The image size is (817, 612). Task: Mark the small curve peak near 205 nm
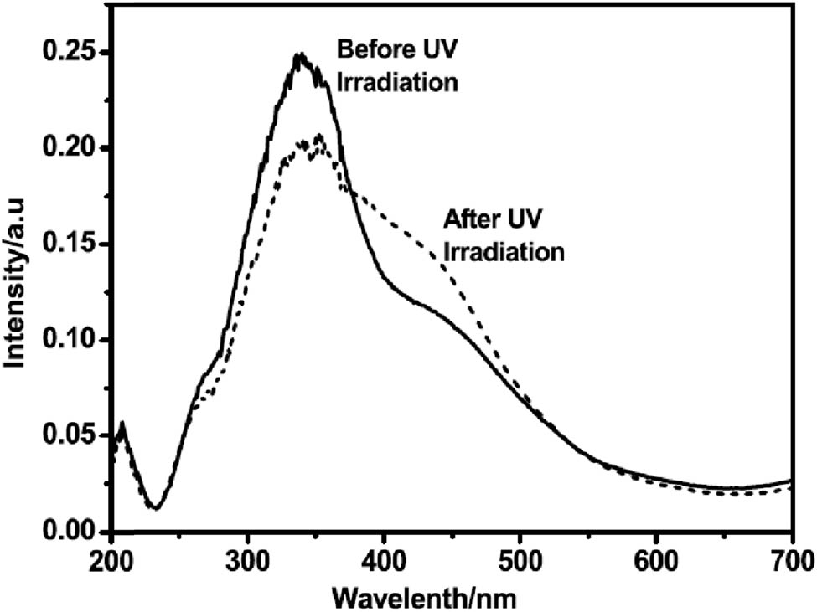pyautogui.click(x=122, y=423)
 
